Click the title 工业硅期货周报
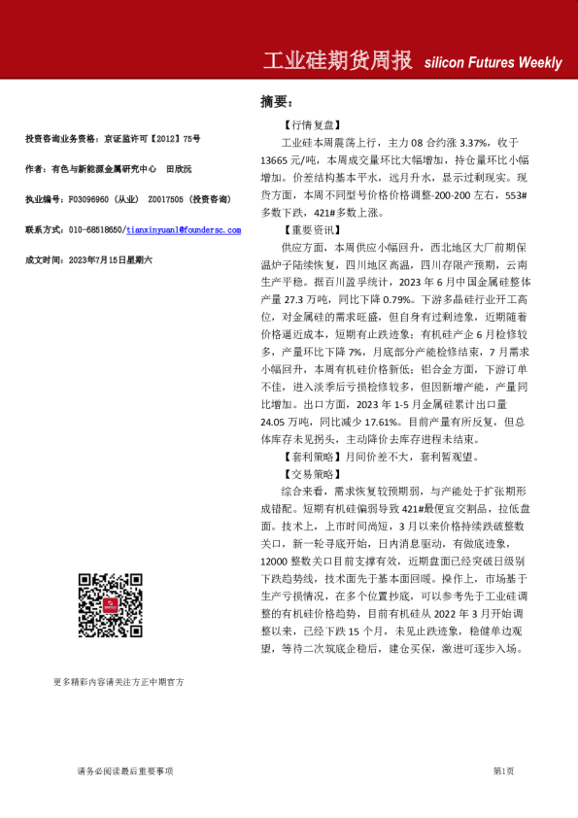[339, 60]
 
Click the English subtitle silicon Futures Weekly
[493, 63]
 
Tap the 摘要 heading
[276, 102]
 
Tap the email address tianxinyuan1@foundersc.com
[185, 229]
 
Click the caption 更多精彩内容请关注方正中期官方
[119, 683]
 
